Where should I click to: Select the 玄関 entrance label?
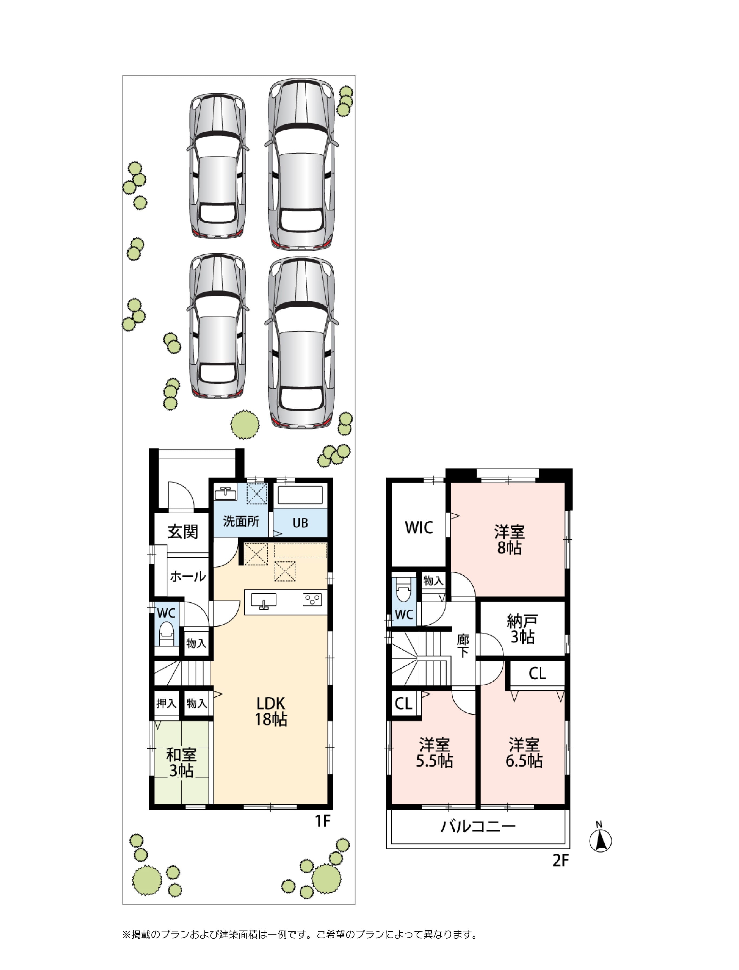coord(183,532)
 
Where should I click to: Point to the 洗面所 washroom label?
coord(241,521)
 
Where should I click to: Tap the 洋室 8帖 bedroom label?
coord(509,540)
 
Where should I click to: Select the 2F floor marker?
coord(561,860)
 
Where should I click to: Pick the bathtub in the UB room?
coord(301,495)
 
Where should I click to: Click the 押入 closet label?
coord(166,703)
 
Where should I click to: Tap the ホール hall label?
coord(188,576)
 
